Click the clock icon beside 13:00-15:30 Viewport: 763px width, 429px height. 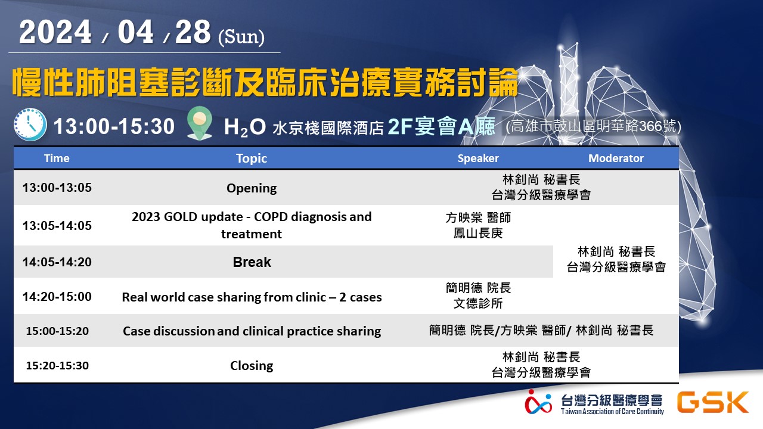tap(30, 125)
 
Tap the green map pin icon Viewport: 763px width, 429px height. tap(200, 123)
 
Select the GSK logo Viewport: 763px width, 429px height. tap(712, 402)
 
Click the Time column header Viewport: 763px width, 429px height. tap(57, 158)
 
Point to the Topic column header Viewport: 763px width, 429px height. tap(252, 158)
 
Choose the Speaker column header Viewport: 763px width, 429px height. tap(478, 158)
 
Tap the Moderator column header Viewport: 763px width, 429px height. tap(616, 158)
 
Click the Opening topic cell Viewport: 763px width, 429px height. tap(252, 188)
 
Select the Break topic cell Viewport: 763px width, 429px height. tap(252, 262)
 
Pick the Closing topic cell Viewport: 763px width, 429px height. tap(252, 366)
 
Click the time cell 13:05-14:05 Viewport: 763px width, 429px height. tap(57, 226)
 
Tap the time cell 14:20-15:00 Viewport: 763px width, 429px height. tap(57, 297)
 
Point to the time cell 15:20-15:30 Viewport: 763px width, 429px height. tap(57, 366)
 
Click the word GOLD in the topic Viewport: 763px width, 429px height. tap(178, 217)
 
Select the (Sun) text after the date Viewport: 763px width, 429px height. tap(241, 37)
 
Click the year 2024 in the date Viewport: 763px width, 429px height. tap(55, 32)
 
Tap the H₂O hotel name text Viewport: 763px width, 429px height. tap(245, 127)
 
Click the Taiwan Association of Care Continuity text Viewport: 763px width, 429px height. tap(612, 411)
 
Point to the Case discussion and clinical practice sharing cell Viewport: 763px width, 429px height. tap(252, 331)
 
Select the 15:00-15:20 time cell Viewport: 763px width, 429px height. tap(57, 331)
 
